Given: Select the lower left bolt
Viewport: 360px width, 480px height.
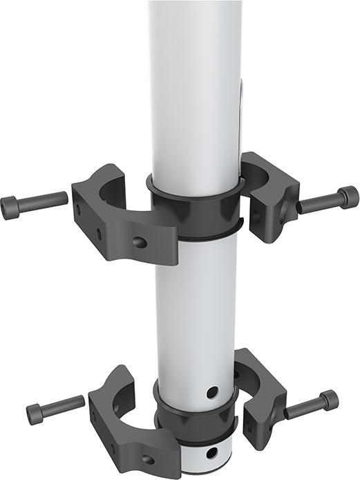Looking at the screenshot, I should tap(55, 409).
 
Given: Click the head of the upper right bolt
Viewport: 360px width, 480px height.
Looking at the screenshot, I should tap(349, 198).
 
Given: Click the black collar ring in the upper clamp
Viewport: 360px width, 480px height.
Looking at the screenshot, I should tap(197, 211).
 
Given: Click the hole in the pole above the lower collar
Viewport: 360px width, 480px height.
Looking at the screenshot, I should tap(212, 392).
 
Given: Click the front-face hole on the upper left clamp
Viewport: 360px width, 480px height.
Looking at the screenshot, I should tap(140, 243).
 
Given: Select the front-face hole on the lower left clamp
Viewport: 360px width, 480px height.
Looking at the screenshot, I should tap(148, 459).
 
